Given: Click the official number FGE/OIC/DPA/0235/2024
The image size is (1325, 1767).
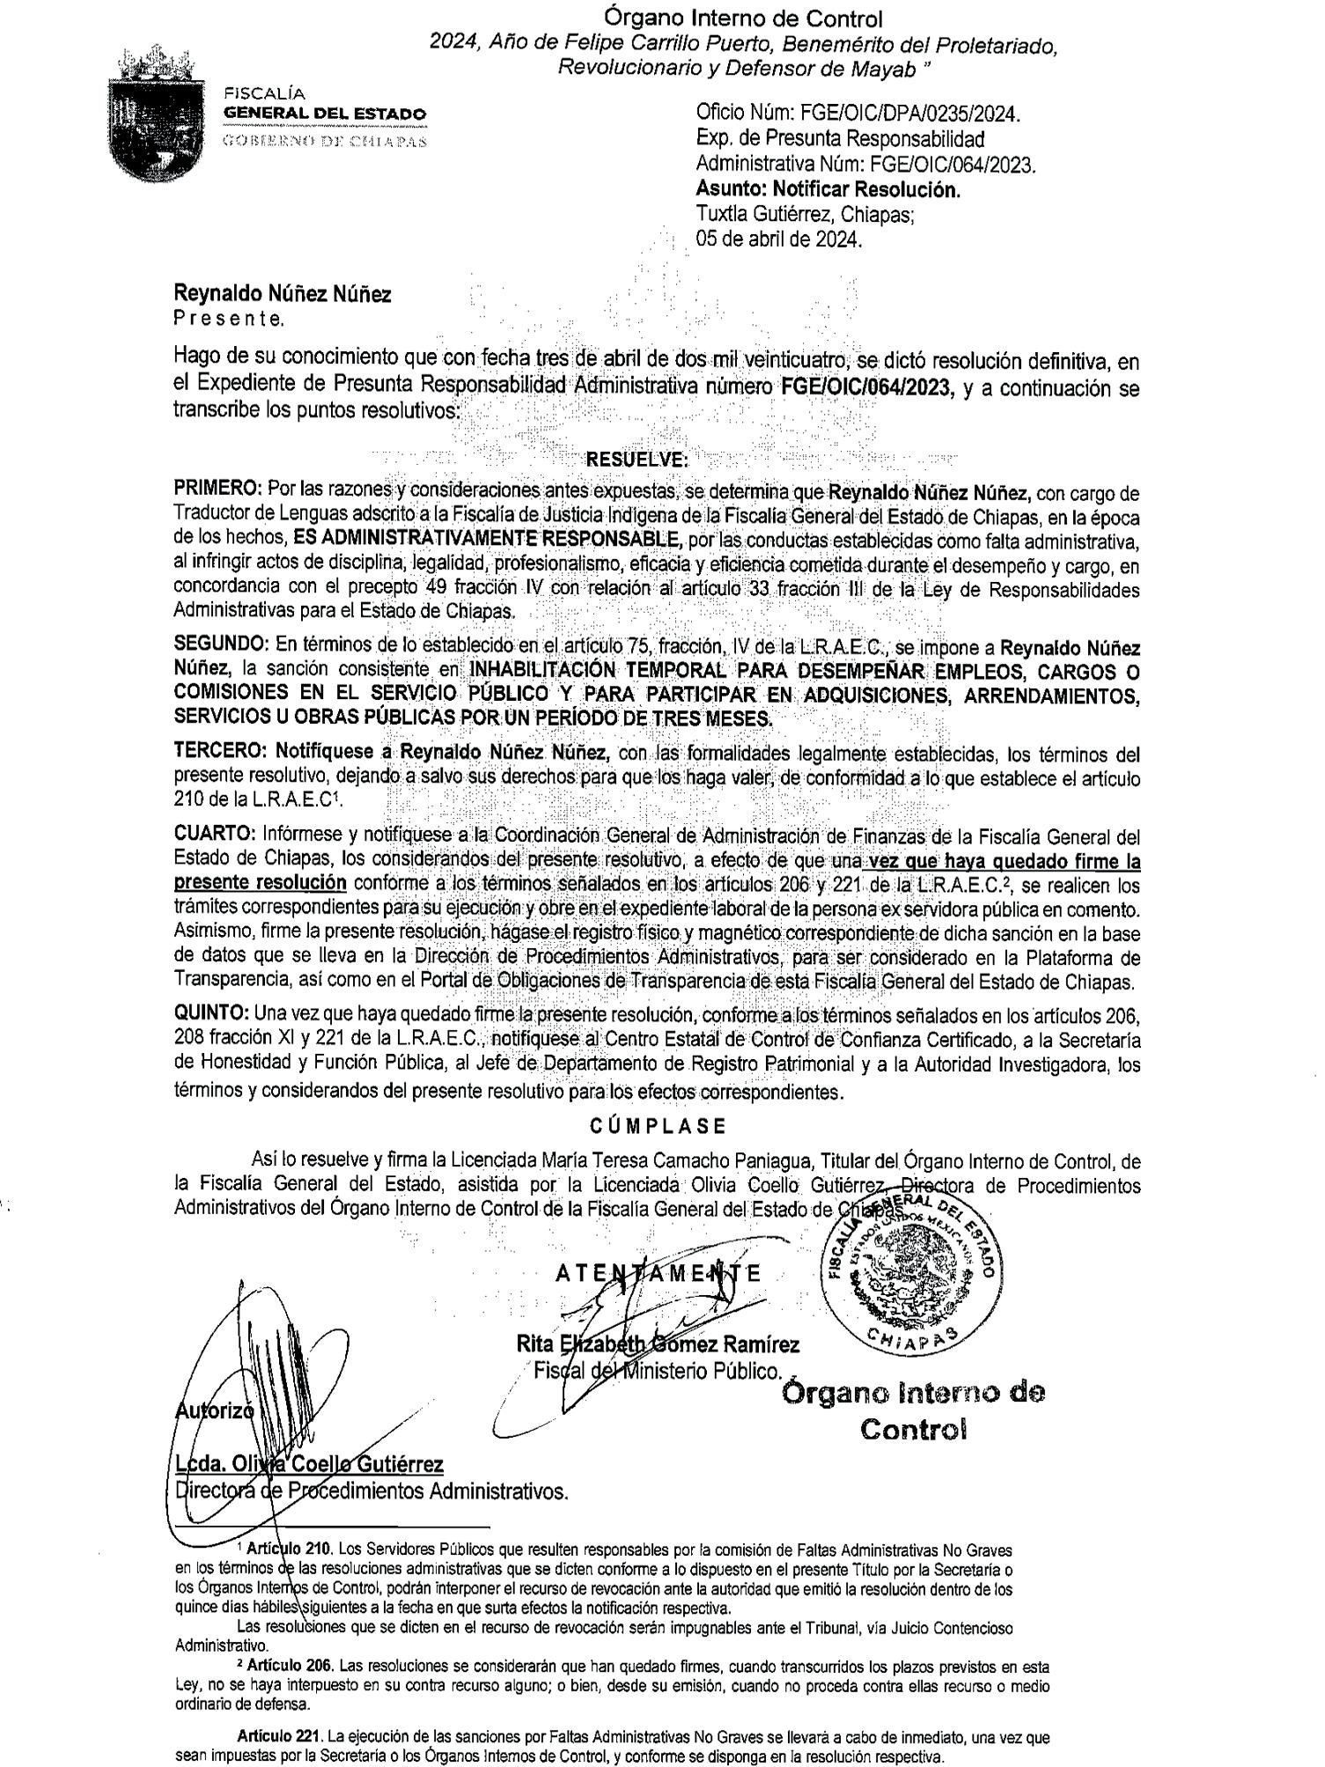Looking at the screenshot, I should pyautogui.click(x=858, y=114).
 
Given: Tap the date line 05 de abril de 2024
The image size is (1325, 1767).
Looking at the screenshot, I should pyautogui.click(x=778, y=239).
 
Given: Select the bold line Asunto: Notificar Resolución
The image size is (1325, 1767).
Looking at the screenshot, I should pyautogui.click(x=828, y=189).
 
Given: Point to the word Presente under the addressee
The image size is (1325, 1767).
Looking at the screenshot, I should pyautogui.click(x=229, y=320).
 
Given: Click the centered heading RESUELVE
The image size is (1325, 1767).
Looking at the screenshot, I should pyautogui.click(x=637, y=460).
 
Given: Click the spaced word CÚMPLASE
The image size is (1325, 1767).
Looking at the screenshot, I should pyautogui.click(x=658, y=1126).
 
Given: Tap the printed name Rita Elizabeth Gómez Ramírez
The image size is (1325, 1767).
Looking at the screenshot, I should pyautogui.click(x=658, y=1344).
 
